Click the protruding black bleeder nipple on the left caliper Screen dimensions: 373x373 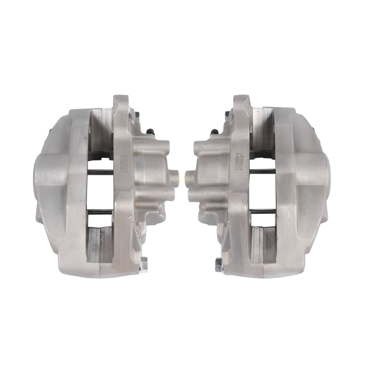click(x=150, y=131)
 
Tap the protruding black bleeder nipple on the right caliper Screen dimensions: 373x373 click(x=214, y=132)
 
